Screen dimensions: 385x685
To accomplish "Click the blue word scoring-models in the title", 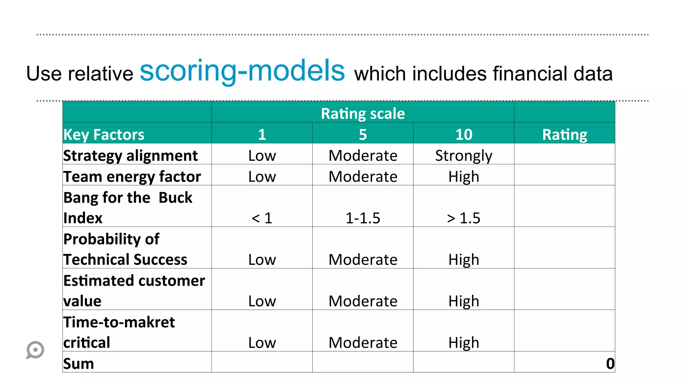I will coord(242,71).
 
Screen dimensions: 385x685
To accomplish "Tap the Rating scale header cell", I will coord(363,114).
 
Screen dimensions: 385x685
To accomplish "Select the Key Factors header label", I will coord(104,135).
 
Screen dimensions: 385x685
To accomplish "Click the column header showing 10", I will coord(464,135).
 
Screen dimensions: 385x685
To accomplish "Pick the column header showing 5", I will coord(363,135).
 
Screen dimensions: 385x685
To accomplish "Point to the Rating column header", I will coord(564,135).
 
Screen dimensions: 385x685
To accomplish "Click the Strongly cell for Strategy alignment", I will coord(464,156).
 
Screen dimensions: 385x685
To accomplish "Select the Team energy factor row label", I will coord(132,176).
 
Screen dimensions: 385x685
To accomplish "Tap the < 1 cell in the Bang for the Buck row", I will coord(262,218).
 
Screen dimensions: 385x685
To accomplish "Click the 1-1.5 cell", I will coord(363,218).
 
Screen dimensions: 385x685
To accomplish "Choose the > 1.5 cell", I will coord(464,218).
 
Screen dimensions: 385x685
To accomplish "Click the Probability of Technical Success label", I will coord(125,249).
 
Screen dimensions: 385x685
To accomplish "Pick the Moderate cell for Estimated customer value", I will coord(363,301).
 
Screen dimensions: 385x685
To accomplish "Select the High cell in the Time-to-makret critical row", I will coord(464,343).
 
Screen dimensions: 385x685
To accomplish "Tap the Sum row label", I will coord(79,364).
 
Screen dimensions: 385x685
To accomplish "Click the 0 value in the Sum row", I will coord(610,364).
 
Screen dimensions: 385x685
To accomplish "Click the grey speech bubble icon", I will coord(35,350).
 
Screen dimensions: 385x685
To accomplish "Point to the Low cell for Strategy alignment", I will coord(262,156).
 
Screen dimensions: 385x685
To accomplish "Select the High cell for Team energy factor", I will coord(464,176).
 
